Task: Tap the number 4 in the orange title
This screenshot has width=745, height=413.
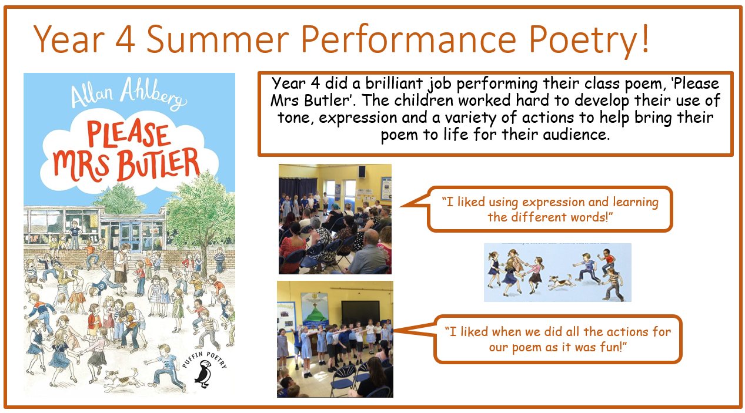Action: coord(125,39)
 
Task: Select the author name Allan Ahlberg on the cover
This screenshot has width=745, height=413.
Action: coord(128,94)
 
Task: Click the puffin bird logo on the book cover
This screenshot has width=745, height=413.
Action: coord(203,374)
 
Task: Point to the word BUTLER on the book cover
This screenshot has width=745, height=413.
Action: coord(159,165)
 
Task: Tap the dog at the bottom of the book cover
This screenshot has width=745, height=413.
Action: coord(121,380)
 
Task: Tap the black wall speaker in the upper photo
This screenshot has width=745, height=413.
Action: coord(362,172)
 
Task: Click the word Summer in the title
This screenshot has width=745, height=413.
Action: coord(218,39)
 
